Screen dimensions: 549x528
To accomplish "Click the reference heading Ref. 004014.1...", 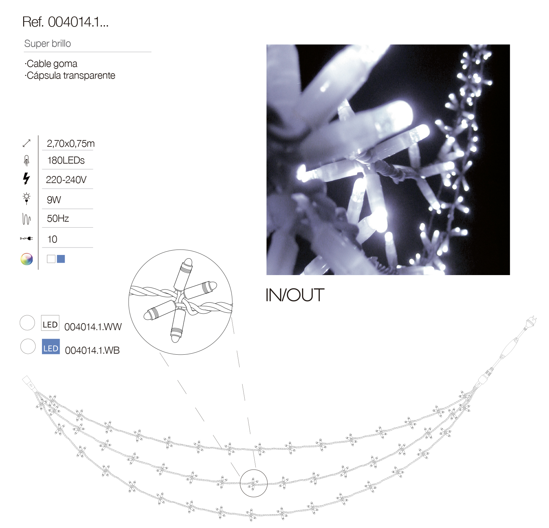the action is tap(65, 22).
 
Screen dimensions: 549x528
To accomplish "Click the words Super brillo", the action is tap(47, 44).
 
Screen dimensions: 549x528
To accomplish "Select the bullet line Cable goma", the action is tap(51, 64).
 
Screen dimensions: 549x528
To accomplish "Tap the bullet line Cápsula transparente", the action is tap(70, 76).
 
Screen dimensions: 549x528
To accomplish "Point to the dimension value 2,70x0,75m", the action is tap(70, 144).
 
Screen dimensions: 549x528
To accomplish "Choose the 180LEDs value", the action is tap(66, 161).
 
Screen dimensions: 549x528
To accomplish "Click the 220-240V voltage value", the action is tap(66, 180).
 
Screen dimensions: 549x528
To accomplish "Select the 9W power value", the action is tap(54, 200).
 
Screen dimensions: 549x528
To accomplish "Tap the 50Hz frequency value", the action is tap(58, 219).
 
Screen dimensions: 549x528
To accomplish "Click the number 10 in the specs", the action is tap(52, 239).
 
